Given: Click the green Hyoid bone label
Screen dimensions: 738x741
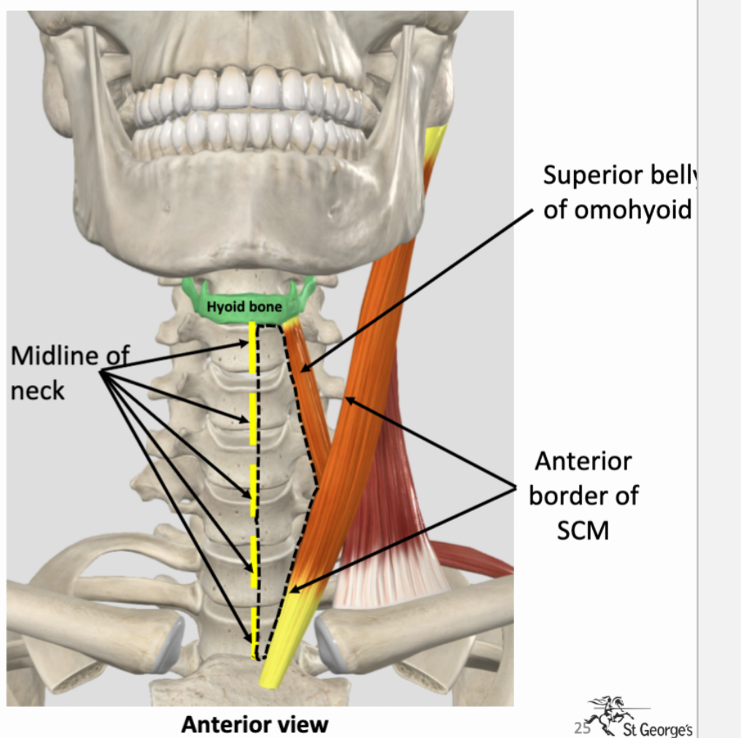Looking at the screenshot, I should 244,307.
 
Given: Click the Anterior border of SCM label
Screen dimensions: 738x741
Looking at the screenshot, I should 583,495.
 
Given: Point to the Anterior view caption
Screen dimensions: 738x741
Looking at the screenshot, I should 255,724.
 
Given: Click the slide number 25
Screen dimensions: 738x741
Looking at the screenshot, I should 581,726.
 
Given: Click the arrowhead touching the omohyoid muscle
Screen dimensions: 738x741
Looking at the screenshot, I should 306,367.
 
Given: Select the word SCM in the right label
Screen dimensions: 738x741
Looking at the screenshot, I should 583,530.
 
